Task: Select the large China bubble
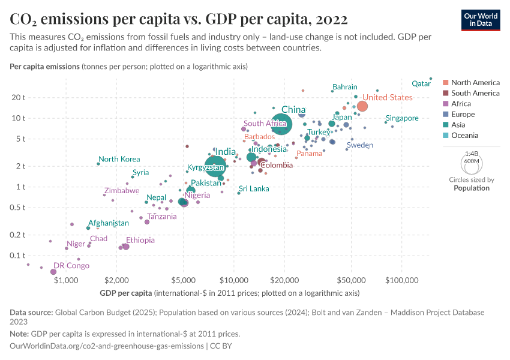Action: (280, 124)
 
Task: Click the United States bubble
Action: (362, 106)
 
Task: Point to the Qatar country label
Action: (422, 84)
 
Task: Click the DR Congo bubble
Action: (53, 272)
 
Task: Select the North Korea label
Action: (119, 159)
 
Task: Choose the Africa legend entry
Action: (461, 104)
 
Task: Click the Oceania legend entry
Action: (465, 136)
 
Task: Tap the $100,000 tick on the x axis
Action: (401, 280)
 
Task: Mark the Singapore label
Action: (402, 118)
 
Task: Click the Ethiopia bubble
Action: (125, 247)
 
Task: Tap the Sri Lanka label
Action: (254, 188)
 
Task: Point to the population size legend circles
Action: (471, 163)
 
